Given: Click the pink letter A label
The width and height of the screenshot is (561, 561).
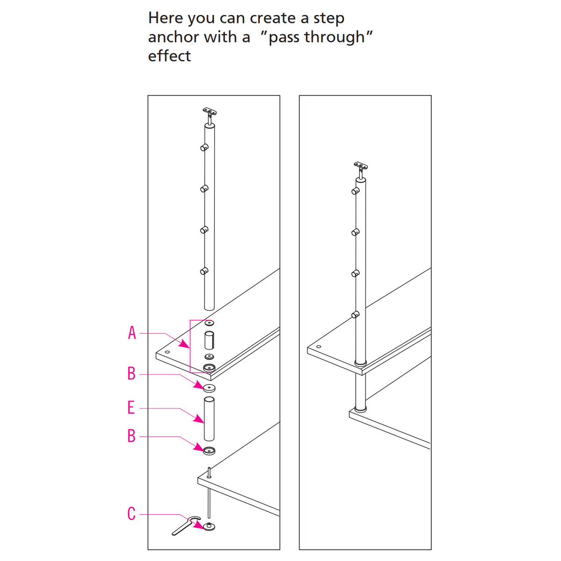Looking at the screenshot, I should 132,333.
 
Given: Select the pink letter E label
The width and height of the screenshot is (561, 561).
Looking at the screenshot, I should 131,408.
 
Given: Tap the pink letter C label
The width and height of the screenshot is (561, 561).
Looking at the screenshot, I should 131,514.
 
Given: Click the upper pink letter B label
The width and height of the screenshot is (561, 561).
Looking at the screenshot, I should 131,374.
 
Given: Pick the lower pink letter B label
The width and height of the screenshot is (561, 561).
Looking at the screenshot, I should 131,436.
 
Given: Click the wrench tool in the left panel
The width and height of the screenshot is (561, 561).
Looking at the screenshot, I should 185,525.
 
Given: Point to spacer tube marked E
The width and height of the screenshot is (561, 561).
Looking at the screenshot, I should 209,418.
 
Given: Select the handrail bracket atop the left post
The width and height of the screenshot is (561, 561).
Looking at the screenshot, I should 209,112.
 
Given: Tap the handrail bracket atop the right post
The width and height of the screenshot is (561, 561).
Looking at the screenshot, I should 360,165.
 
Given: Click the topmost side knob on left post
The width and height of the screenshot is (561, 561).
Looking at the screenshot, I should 204,147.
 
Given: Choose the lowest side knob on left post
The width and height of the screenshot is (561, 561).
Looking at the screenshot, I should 204,271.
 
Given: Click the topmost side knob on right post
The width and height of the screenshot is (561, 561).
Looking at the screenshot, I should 355,191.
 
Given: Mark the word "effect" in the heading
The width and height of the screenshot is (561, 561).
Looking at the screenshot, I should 169,56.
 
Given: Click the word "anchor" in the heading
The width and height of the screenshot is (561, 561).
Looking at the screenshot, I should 173,37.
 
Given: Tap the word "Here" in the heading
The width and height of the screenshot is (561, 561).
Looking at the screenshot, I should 165,18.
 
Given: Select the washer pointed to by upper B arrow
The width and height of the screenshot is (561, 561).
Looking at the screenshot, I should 209,388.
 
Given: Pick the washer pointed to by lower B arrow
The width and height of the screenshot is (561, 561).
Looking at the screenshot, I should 209,451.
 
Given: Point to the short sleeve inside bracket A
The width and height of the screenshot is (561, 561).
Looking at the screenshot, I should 209,340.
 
